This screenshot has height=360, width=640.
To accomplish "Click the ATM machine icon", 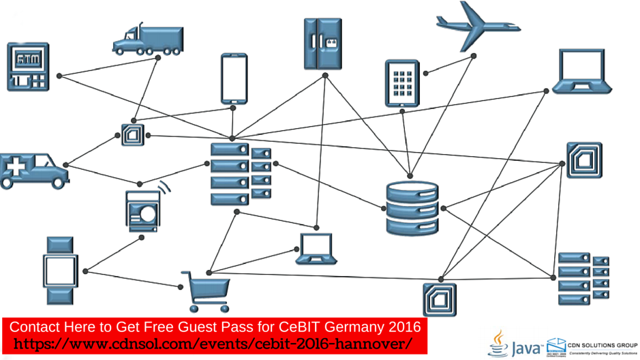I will pos(28,66).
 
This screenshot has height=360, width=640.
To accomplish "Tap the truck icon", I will pos(148,40).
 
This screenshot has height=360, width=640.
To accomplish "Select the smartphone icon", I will pos(234,78).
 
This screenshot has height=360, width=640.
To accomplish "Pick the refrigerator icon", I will pos(322,44).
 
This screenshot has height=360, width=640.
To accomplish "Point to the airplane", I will pos(478,25).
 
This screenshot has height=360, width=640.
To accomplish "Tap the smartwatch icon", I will pos(59,270).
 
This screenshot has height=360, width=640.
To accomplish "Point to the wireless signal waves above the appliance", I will pos(164,187).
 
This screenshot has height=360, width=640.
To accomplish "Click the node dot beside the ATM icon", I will pos(59,76).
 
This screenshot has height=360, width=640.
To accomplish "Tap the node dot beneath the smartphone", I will pos(234,107).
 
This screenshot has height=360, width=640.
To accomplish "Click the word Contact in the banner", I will pos(33,326).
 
